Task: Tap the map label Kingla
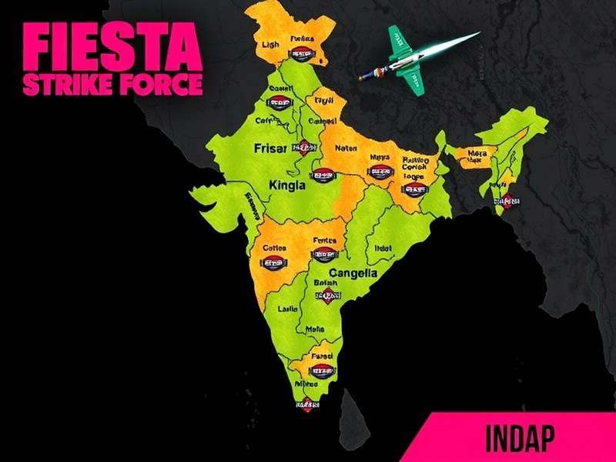click(287, 185)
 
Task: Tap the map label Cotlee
click(275, 248)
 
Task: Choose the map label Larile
click(288, 310)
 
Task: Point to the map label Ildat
click(383, 247)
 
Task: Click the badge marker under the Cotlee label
click(275, 263)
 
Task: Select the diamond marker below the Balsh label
click(329, 296)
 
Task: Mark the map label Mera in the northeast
click(477, 153)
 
